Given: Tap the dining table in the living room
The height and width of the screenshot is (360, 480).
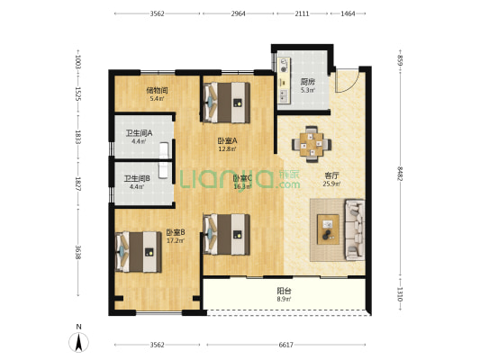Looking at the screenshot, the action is click(312, 144).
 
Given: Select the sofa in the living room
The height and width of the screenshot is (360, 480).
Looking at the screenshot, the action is click(355, 229).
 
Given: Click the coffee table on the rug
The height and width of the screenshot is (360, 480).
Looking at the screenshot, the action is click(328, 229).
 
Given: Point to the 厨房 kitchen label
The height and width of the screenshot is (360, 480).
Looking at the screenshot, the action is click(307, 82).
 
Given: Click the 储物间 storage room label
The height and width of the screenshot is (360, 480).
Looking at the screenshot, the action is click(157, 90).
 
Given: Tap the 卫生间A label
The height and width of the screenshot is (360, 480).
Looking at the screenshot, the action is click(139, 133).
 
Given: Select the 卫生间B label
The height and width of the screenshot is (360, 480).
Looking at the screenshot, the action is click(137, 178).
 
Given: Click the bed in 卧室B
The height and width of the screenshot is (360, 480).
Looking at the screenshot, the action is click(139, 252).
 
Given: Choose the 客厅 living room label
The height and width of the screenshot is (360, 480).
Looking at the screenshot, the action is click(331, 175).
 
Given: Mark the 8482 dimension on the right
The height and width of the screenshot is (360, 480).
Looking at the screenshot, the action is click(399, 173).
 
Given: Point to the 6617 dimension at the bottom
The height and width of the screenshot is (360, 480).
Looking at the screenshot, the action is click(285, 345).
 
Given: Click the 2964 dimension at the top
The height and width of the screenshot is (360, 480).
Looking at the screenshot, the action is click(238, 13).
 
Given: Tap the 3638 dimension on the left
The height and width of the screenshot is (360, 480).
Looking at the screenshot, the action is click(77, 253).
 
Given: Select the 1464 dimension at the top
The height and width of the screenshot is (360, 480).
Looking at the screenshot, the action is click(348, 13).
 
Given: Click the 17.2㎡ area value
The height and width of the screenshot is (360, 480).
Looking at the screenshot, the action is click(176, 240).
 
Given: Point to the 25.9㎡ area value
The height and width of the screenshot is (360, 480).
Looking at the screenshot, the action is click(331, 184).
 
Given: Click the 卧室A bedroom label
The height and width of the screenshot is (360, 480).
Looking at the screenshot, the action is click(227, 141).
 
